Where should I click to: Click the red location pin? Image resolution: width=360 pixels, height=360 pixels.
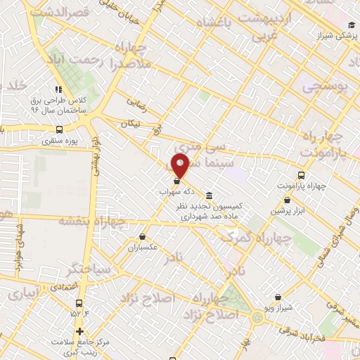[181, 166]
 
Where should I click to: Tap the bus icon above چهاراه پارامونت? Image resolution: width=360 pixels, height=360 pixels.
[301, 175]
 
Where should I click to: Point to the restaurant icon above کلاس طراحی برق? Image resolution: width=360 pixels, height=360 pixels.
[58, 89]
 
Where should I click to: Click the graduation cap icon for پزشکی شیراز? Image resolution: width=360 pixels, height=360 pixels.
[350, 25]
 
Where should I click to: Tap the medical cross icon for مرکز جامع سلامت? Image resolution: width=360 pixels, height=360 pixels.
[79, 330]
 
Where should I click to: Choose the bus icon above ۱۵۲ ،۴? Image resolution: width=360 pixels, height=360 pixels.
[75, 303]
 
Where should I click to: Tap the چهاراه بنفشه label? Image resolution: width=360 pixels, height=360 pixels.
[92, 221]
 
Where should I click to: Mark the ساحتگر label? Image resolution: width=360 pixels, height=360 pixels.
[87, 268]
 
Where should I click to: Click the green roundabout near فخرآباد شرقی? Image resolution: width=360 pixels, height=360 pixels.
[257, 317]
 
